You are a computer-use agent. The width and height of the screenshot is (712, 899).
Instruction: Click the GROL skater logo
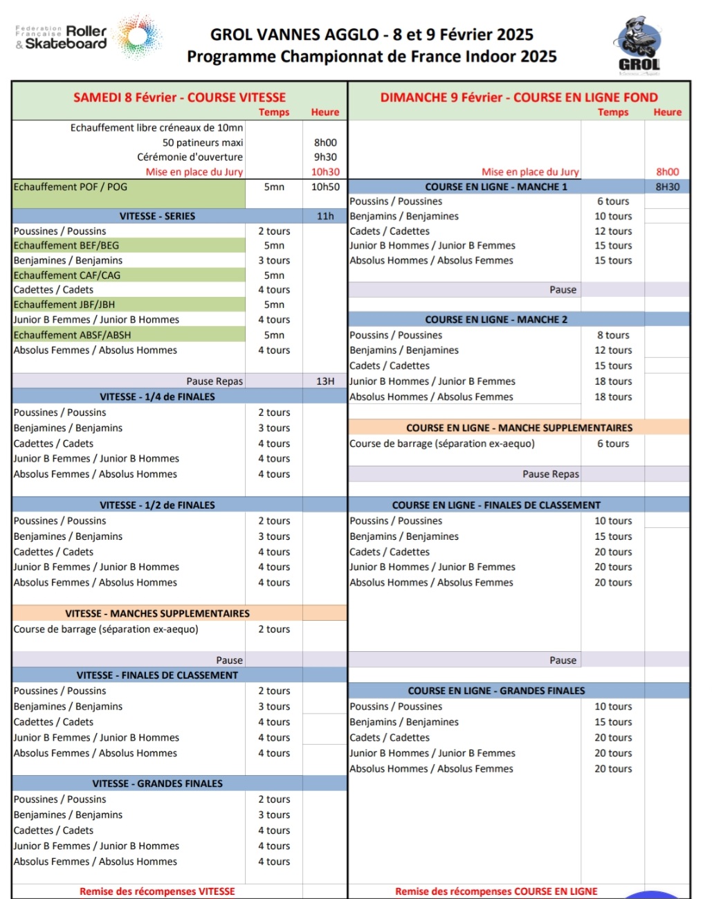click(637, 46)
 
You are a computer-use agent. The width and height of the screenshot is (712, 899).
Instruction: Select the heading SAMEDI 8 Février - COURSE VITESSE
click(179, 98)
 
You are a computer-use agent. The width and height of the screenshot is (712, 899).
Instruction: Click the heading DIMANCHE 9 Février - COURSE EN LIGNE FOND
click(519, 98)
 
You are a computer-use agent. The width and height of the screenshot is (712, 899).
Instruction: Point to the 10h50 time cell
click(325, 187)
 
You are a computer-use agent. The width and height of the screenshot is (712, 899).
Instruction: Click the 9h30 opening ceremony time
click(325, 157)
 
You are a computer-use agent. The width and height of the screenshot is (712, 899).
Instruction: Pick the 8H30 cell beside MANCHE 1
click(667, 187)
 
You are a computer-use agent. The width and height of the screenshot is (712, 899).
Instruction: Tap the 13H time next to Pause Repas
click(325, 381)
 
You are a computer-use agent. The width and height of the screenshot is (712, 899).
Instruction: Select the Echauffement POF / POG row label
click(71, 187)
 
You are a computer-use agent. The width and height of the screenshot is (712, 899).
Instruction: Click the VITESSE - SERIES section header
click(157, 216)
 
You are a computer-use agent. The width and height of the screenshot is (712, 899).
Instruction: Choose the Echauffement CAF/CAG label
click(67, 275)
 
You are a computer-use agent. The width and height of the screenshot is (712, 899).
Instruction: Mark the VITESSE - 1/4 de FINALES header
click(157, 397)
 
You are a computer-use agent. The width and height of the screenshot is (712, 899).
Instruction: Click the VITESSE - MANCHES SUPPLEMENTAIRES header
click(157, 613)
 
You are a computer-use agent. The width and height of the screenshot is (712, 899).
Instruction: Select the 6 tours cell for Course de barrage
click(613, 444)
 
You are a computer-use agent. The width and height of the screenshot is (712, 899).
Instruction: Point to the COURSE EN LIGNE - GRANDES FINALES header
click(496, 691)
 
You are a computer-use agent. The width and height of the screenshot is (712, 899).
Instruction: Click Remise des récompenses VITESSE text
click(157, 891)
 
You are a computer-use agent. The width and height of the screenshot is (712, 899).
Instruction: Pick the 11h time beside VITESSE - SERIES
click(325, 216)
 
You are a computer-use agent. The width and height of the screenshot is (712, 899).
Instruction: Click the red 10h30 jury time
click(325, 172)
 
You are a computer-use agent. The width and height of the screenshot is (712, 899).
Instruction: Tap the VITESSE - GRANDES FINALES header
click(157, 783)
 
